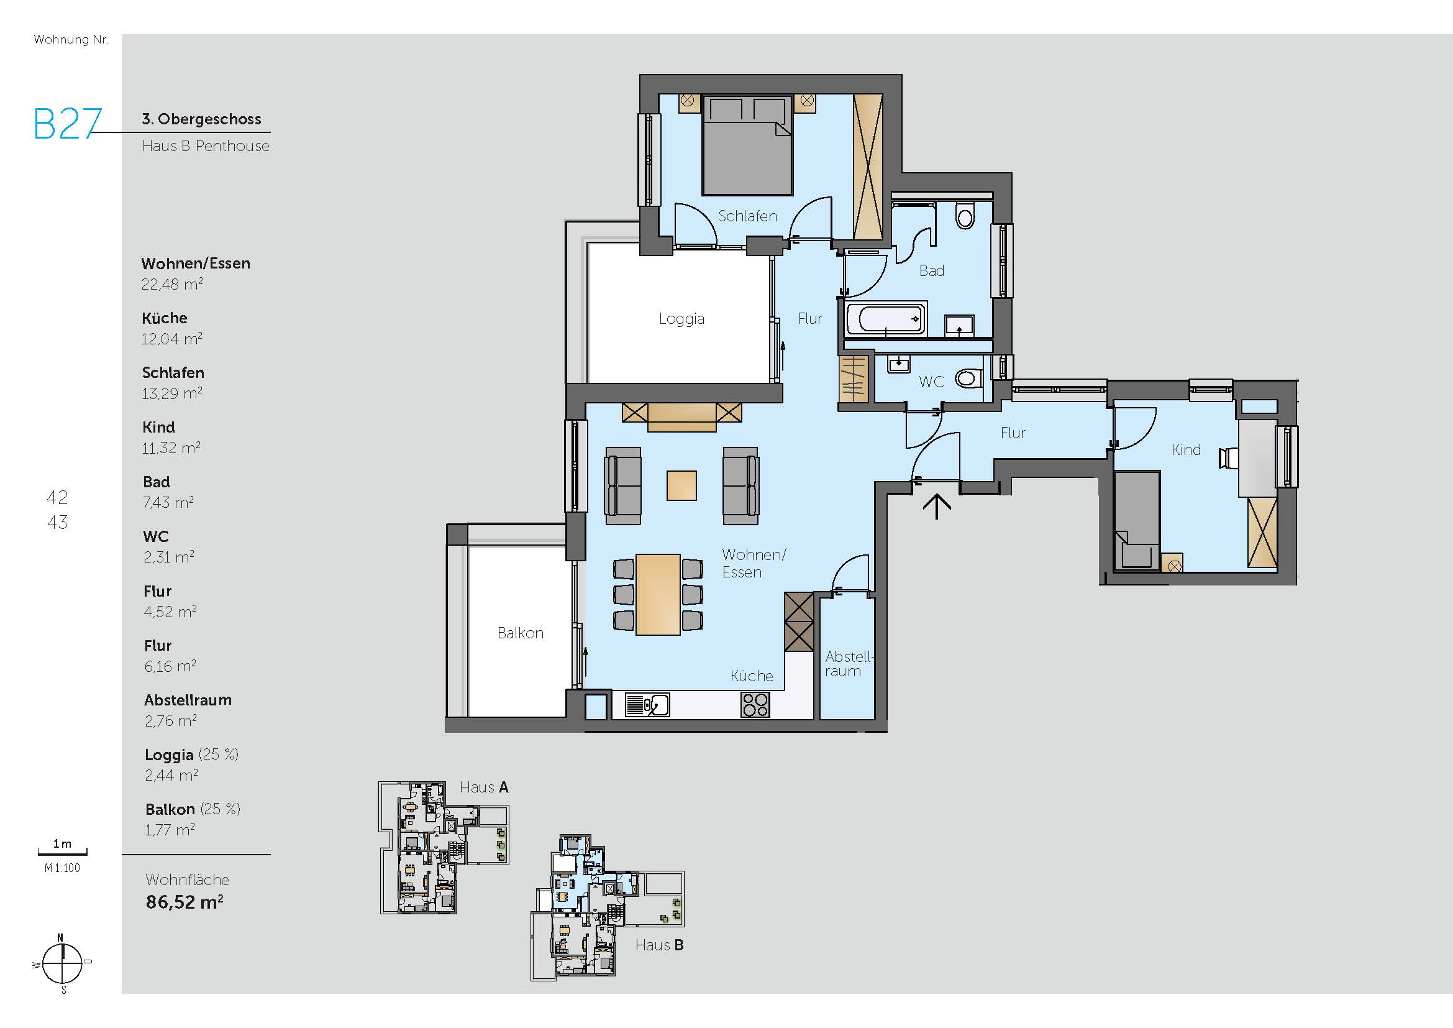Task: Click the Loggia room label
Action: point(681,318)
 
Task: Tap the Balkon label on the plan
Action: point(520,633)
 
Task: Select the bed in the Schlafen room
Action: point(747,145)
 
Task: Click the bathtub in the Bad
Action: point(885,319)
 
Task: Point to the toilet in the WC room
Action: point(968,379)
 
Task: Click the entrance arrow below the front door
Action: point(937,507)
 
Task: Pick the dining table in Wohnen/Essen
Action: point(657,594)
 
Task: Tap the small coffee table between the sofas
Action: point(681,485)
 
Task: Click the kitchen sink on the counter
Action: point(647,705)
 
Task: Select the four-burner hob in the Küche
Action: point(755,705)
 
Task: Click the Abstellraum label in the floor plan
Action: point(847,664)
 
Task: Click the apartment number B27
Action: point(67,124)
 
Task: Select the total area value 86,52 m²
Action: point(184,902)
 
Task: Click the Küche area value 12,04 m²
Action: point(171,339)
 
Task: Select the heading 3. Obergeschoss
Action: point(201,119)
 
